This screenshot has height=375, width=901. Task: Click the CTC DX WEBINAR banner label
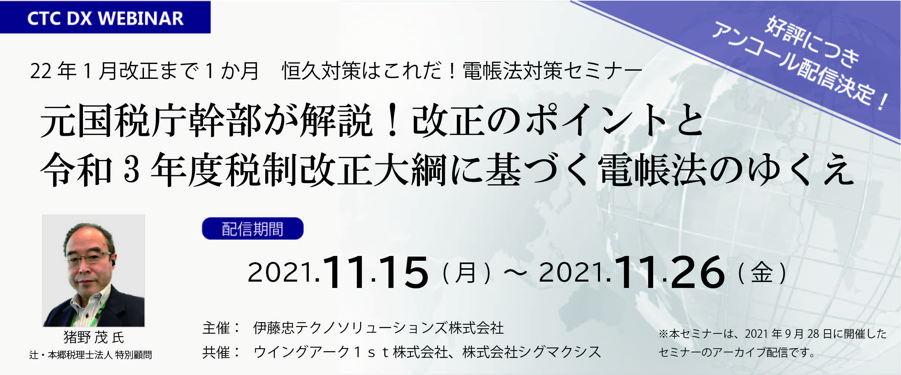coord(105,18)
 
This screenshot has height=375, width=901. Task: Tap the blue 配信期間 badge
coord(253,228)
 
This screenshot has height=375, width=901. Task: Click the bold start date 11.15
coord(376,273)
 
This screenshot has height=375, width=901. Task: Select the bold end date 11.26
coord(670,273)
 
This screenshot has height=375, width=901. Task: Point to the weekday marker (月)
coord(466,273)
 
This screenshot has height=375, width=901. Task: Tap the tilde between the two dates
coord(515,274)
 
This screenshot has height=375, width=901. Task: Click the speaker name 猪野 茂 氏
coord(94,337)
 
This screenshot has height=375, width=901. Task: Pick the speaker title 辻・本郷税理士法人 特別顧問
coord(90,355)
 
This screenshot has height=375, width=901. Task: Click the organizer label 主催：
coord(222,328)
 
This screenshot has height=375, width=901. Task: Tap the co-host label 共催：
coord(222,352)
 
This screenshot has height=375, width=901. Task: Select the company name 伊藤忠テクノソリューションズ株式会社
coord(378,328)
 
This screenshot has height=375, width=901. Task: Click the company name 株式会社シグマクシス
coord(532,352)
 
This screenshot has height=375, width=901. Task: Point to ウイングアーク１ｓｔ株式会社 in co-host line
coord(350,352)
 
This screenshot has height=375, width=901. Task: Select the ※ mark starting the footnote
coord(663,334)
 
